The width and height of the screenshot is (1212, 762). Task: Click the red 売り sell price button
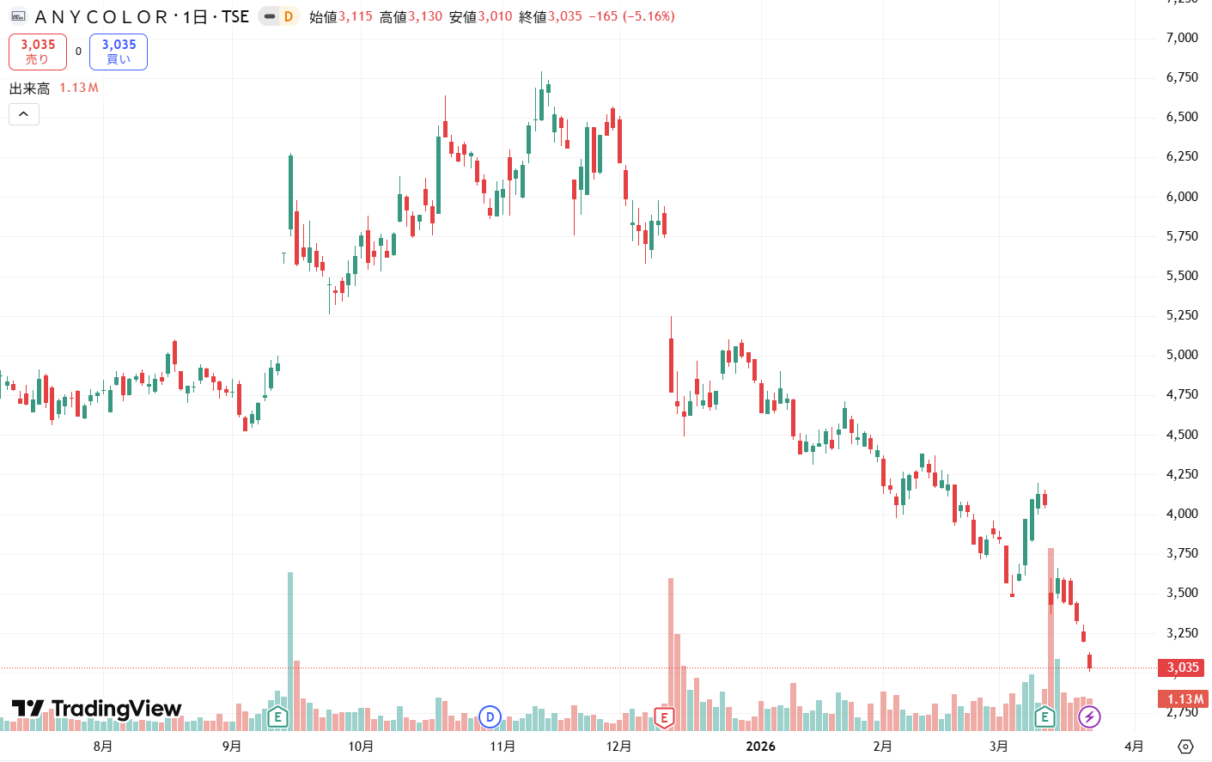pyautogui.click(x=38, y=52)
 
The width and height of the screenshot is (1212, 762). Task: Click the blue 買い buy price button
pyautogui.click(x=119, y=52)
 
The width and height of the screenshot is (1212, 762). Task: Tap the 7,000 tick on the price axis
pyautogui.click(x=1182, y=38)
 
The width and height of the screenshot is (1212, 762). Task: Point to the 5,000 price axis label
pyautogui.click(x=1182, y=355)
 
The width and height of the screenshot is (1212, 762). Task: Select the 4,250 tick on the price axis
pyautogui.click(x=1182, y=474)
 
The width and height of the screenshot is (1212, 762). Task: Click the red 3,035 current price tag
pyautogui.click(x=1182, y=668)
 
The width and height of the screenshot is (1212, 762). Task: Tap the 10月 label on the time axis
pyautogui.click(x=361, y=746)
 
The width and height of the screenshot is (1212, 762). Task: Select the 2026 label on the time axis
pyautogui.click(x=760, y=746)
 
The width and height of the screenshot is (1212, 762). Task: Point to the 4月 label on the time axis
pyautogui.click(x=1134, y=746)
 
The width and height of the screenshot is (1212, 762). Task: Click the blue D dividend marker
pyautogui.click(x=490, y=716)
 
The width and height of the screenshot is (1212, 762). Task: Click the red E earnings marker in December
pyautogui.click(x=663, y=716)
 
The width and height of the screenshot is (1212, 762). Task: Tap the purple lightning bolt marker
pyautogui.click(x=1089, y=716)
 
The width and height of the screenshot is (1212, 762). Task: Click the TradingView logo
pyautogui.click(x=96, y=709)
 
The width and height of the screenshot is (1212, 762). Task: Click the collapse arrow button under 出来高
pyautogui.click(x=24, y=114)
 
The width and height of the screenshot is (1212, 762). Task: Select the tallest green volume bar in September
pyautogui.click(x=290, y=636)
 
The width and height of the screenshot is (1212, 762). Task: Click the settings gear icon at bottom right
pyautogui.click(x=1185, y=746)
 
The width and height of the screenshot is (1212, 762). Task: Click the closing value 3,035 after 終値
pyautogui.click(x=565, y=16)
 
